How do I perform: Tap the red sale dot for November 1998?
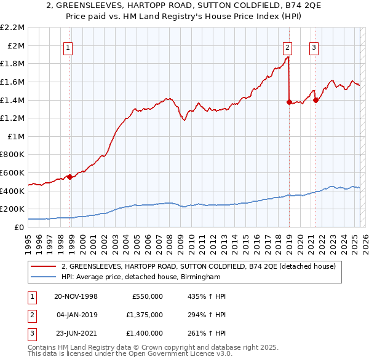click(x=70, y=177)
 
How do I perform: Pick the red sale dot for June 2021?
click(x=315, y=100)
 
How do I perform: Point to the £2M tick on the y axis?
click(x=16, y=45)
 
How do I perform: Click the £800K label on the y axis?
click(x=12, y=155)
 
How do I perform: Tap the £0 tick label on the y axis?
click(x=19, y=227)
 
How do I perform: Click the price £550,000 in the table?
click(x=148, y=296)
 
